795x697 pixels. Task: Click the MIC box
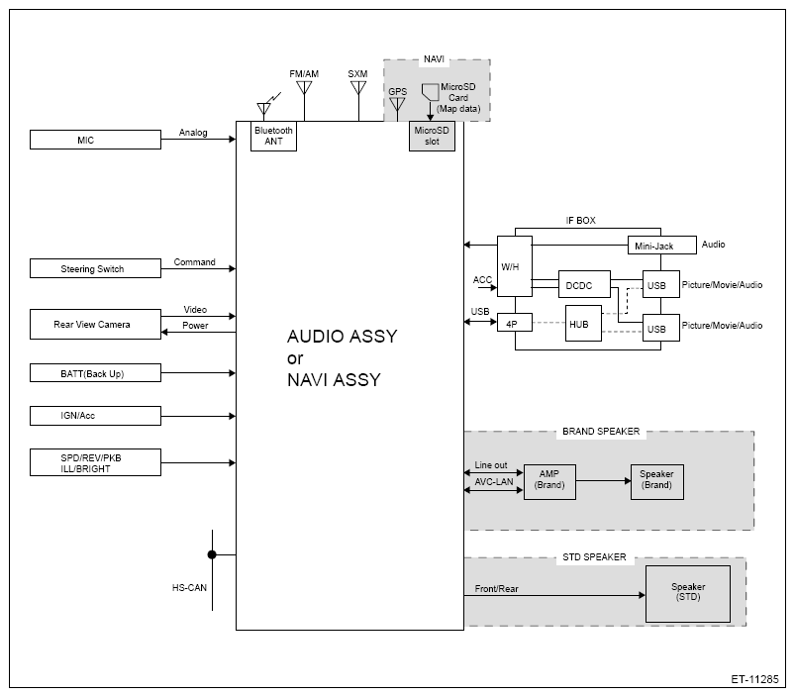pos(95,140)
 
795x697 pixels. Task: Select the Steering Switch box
pos(95,268)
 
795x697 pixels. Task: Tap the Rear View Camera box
pos(95,324)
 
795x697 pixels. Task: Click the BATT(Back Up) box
pos(95,372)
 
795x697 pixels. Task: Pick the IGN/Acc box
pos(95,416)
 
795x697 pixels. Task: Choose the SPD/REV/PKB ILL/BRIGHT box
pos(95,462)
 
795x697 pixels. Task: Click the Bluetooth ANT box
pos(274,136)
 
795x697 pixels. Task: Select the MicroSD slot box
pos(432,136)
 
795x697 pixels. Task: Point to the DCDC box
pos(584,284)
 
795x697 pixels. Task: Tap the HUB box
pos(583,324)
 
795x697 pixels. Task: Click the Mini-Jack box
pos(661,245)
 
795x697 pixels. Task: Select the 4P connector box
pos(515,323)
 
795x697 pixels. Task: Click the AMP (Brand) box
pos(549,482)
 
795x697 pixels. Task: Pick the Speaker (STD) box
pos(688,594)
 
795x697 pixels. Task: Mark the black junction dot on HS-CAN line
pos(212,554)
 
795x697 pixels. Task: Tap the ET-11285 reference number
pos(754,679)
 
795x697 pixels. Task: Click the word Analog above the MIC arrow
pos(193,133)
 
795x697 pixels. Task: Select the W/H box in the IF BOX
pos(515,266)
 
